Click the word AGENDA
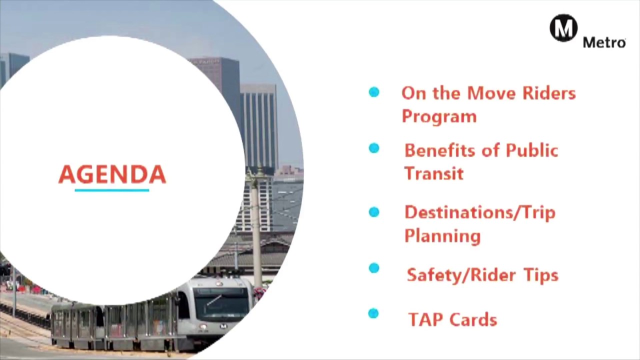tap(112, 174)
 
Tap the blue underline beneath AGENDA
tap(112, 190)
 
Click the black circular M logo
tap(563, 28)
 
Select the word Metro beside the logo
tap(604, 42)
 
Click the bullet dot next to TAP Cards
tap(373, 313)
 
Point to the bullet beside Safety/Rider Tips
tap(373, 268)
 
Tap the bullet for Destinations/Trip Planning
tap(373, 212)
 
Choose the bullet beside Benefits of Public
tap(373, 148)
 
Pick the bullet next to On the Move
tap(373, 92)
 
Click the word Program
tap(439, 117)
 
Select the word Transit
tap(433, 173)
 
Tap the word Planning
tap(442, 236)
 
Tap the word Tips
tap(540, 275)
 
